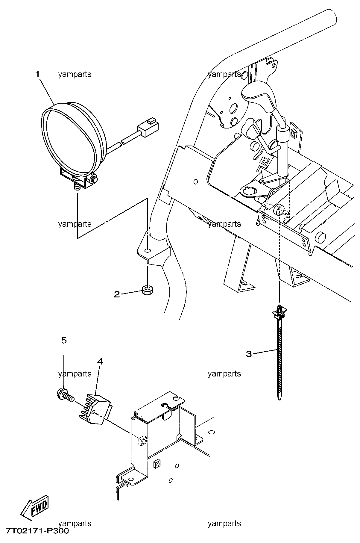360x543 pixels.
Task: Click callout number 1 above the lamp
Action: tap(38, 74)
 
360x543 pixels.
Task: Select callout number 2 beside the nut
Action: tap(117, 294)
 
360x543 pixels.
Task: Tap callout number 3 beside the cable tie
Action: tap(249, 354)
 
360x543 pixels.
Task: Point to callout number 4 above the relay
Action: tap(100, 362)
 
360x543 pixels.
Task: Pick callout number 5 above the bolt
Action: tap(64, 340)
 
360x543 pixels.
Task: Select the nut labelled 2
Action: tap(147, 290)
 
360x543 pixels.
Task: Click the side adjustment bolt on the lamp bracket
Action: tap(94, 179)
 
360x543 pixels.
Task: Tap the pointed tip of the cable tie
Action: tap(280, 399)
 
